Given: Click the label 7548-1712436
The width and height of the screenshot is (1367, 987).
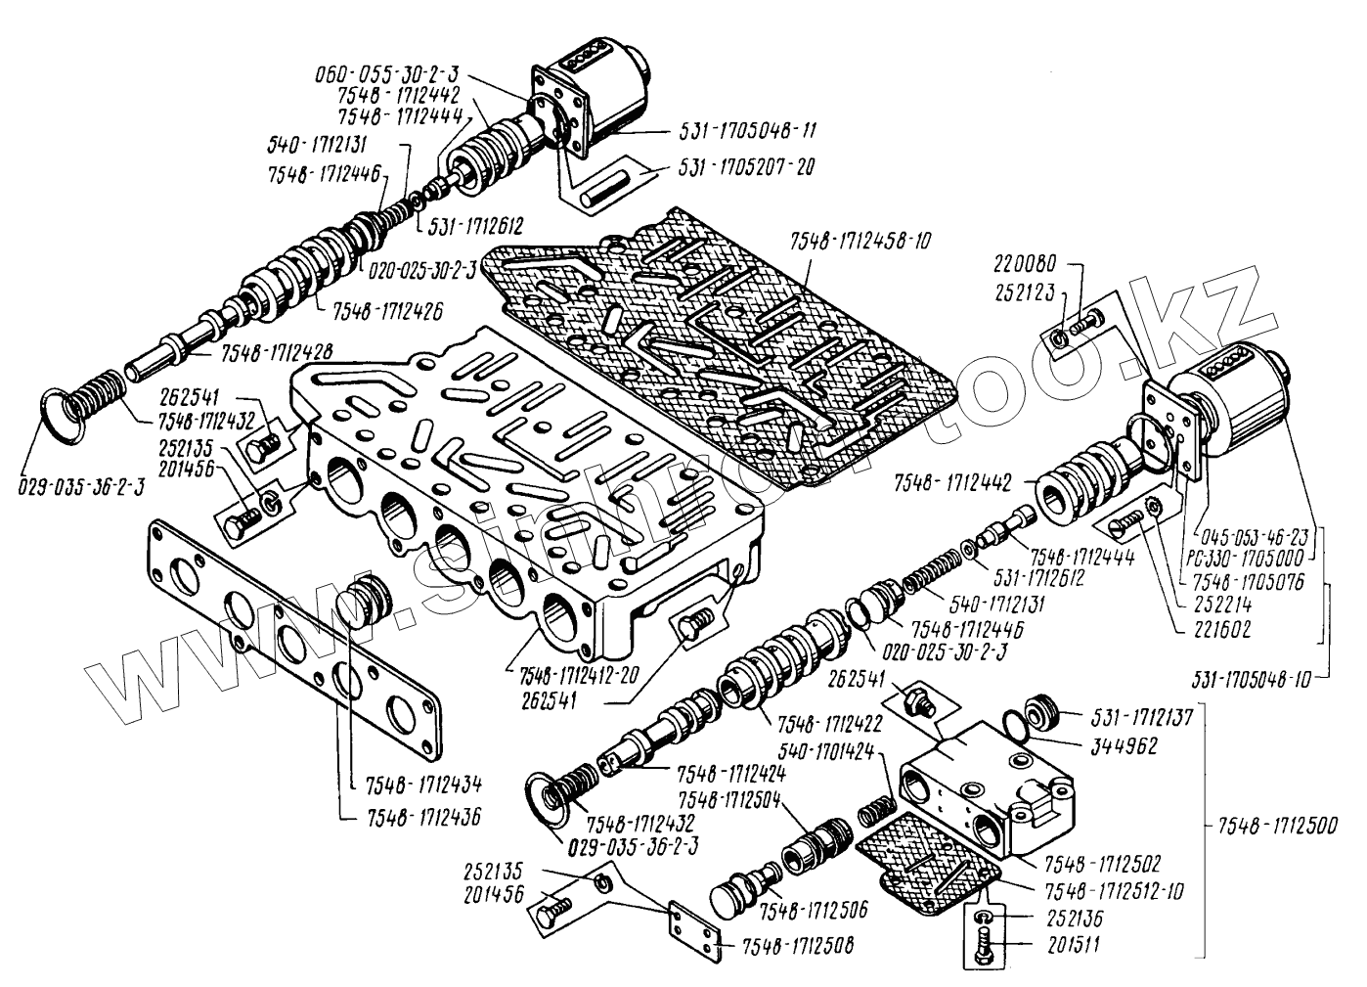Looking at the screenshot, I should click(x=424, y=813).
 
